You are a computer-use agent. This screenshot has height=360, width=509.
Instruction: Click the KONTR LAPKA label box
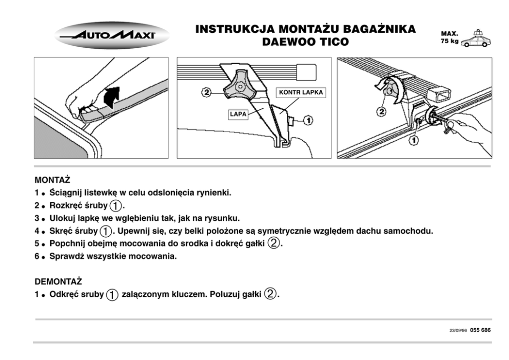coord(301,93)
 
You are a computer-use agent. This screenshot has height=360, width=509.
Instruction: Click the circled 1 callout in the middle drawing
coord(308,120)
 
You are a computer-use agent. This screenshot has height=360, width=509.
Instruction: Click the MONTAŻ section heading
coord(52,181)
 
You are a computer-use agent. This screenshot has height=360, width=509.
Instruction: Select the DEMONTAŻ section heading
coord(58,282)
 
